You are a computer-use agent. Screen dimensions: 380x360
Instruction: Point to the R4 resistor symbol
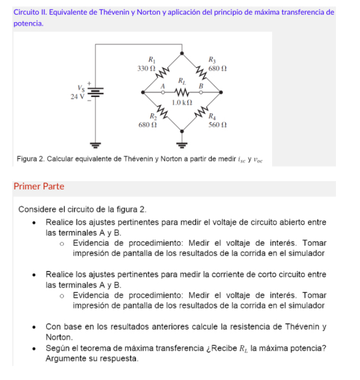click(x=202, y=113)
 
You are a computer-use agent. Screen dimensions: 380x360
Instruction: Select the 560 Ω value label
click(x=218, y=125)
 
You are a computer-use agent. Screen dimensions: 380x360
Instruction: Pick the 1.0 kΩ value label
click(x=182, y=101)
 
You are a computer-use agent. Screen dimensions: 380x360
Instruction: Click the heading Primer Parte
click(x=39, y=187)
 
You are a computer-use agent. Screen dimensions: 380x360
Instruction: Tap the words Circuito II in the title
click(x=32, y=12)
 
